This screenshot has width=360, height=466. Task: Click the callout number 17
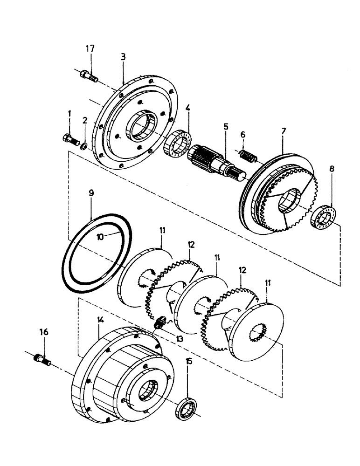click(90, 48)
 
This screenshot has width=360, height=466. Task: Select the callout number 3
click(123, 57)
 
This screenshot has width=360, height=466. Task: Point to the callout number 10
click(101, 236)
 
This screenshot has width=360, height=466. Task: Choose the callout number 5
click(225, 126)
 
